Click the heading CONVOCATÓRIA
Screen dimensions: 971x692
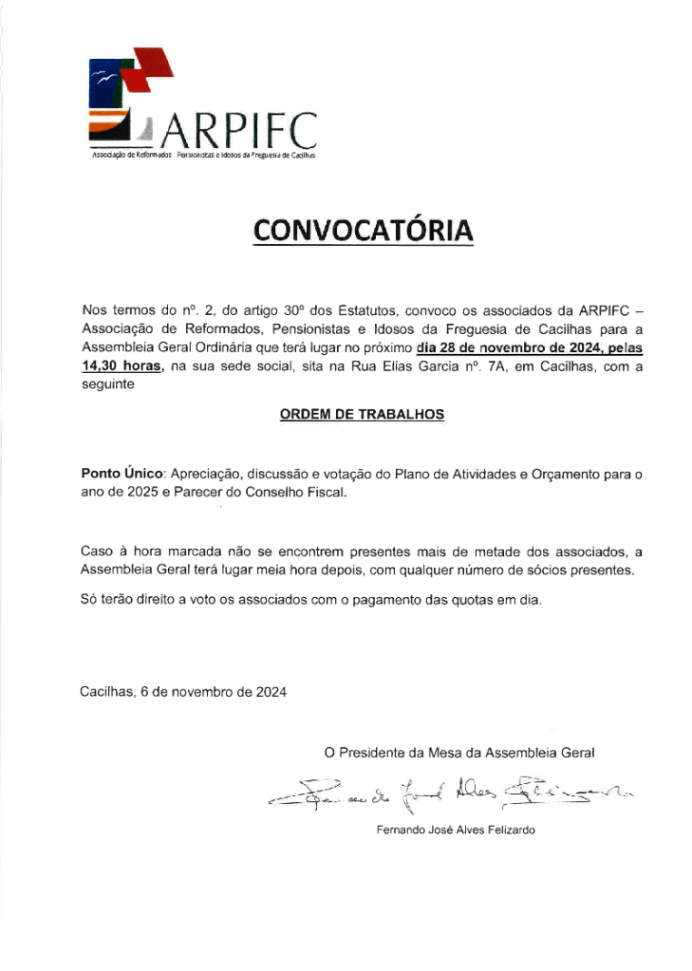(363, 231)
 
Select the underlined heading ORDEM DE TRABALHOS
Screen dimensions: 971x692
(362, 415)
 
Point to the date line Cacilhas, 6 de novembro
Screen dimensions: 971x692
(183, 691)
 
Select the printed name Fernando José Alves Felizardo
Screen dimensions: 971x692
(456, 830)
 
